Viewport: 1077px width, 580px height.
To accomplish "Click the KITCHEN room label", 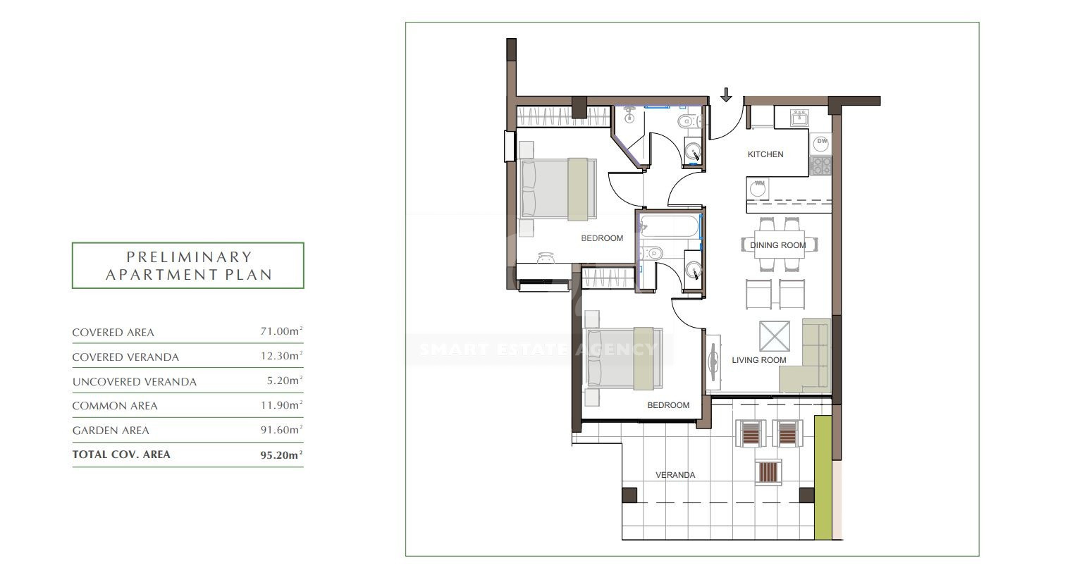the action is pos(765,154).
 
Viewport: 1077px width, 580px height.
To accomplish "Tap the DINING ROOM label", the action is pos(778,245).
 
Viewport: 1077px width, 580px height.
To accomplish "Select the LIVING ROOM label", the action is pos(759,360).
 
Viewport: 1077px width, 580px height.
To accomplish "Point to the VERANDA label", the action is pos(675,475).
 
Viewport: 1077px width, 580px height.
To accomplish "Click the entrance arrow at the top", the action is pos(726,94).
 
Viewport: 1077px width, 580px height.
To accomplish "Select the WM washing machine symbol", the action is pos(758,187).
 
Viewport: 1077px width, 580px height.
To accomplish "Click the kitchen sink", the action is pos(799,118).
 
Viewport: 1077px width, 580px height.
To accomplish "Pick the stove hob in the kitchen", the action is pos(820,166).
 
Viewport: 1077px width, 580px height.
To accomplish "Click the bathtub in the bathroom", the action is pos(670,226).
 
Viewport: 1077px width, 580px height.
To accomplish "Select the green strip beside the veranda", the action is pos(823,478).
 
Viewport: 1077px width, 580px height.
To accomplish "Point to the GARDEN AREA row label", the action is pos(111,431).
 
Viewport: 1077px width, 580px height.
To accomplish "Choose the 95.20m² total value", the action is pos(282,455).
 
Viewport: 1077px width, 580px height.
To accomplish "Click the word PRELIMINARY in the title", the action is pos(189,257).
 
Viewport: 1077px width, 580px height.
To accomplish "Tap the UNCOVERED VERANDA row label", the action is pos(135,382).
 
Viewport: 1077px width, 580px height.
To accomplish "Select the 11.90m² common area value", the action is pos(282,405).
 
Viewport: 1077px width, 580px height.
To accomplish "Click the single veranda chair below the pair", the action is pos(768,472).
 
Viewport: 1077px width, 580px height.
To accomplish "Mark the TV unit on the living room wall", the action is pos(713,363).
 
